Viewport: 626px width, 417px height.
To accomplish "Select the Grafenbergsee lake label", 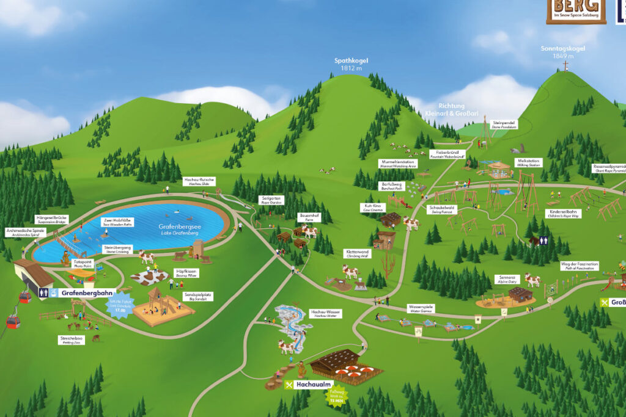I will (x=179, y=227).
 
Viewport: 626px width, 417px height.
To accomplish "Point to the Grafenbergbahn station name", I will (x=89, y=292).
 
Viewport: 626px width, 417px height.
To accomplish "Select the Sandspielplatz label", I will (x=199, y=296).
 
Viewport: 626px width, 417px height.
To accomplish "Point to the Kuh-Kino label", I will (x=373, y=207).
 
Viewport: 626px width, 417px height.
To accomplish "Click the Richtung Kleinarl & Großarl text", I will (x=451, y=109).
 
